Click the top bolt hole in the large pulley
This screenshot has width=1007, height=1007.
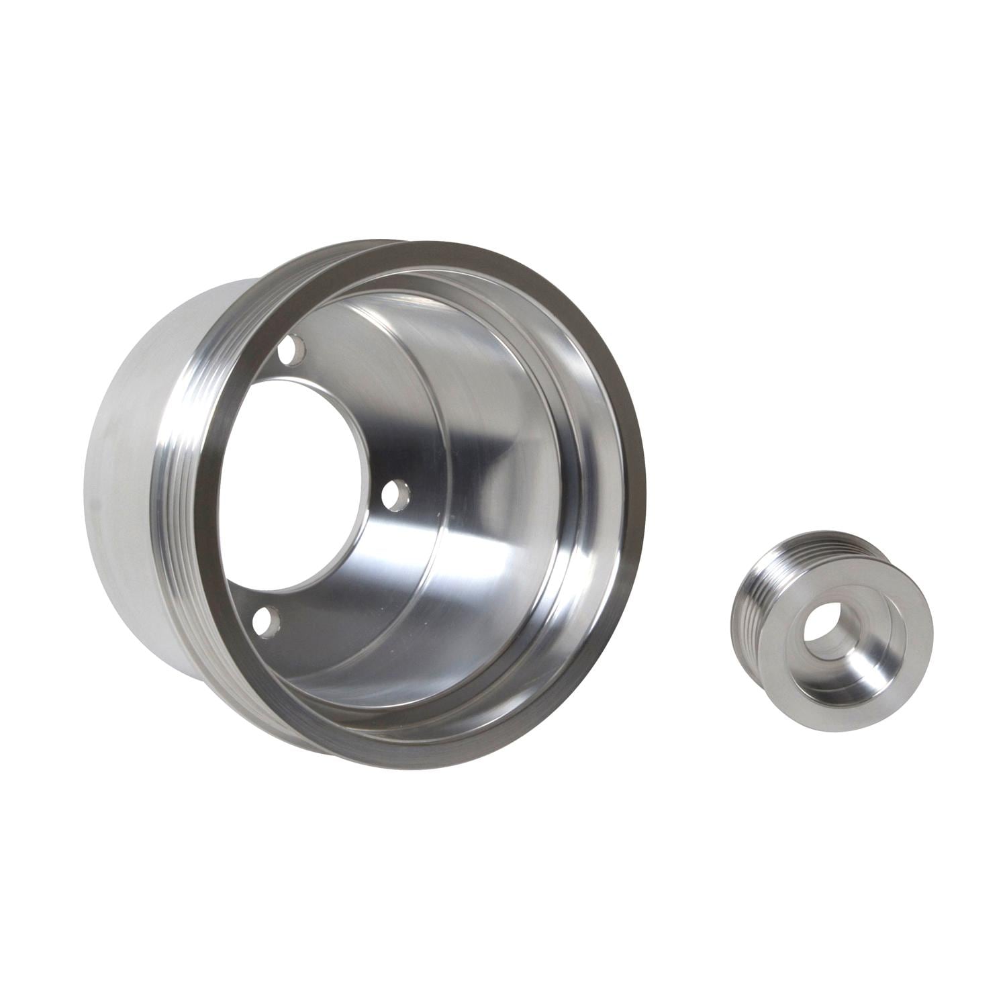click(x=291, y=350)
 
